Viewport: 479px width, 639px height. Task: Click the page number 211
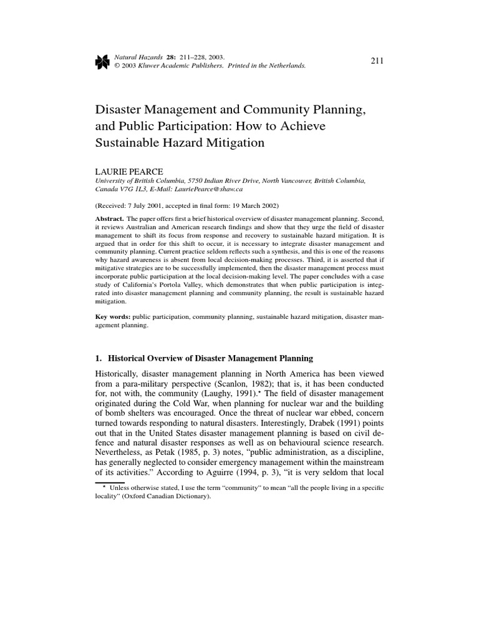point(376,60)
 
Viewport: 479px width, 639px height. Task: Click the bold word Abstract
point(109,219)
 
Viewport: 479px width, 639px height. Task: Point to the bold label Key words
point(112,317)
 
